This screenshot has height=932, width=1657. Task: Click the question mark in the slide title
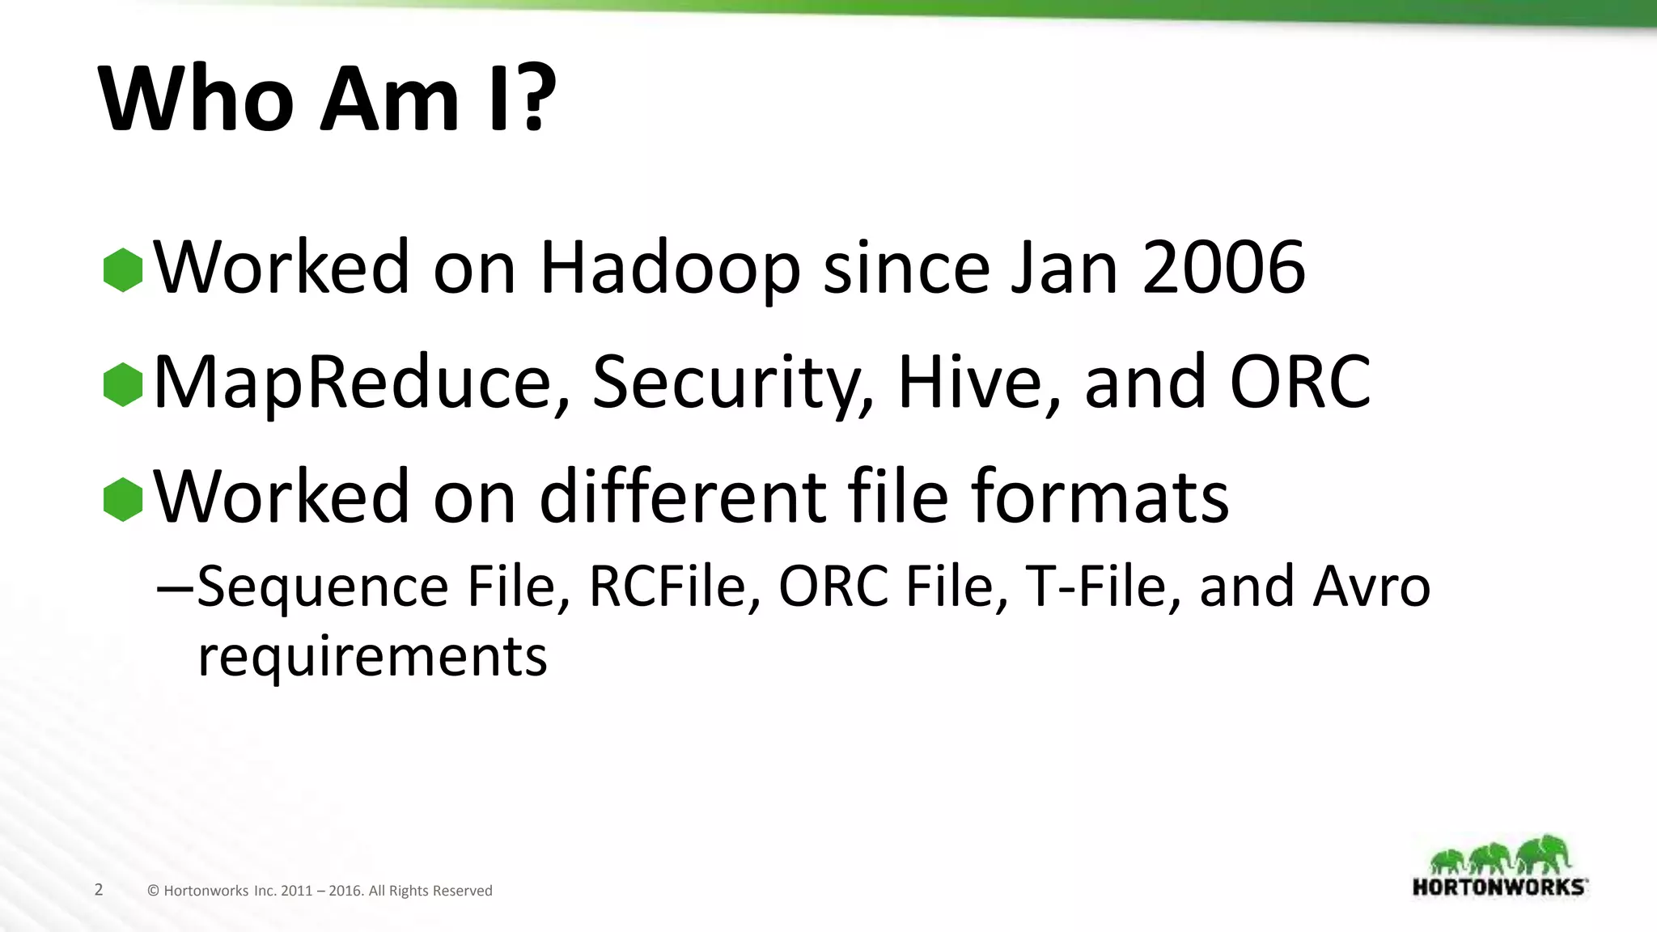[x=534, y=99]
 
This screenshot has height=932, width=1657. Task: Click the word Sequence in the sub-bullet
[x=323, y=587]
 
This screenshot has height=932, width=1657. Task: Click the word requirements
[x=373, y=656]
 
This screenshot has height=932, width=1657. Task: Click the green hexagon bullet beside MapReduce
[x=123, y=384]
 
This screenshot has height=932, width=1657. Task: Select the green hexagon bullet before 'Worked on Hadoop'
[x=123, y=269]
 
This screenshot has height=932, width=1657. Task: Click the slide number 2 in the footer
[x=99, y=890]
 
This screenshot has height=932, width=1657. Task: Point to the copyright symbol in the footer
[x=153, y=891]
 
